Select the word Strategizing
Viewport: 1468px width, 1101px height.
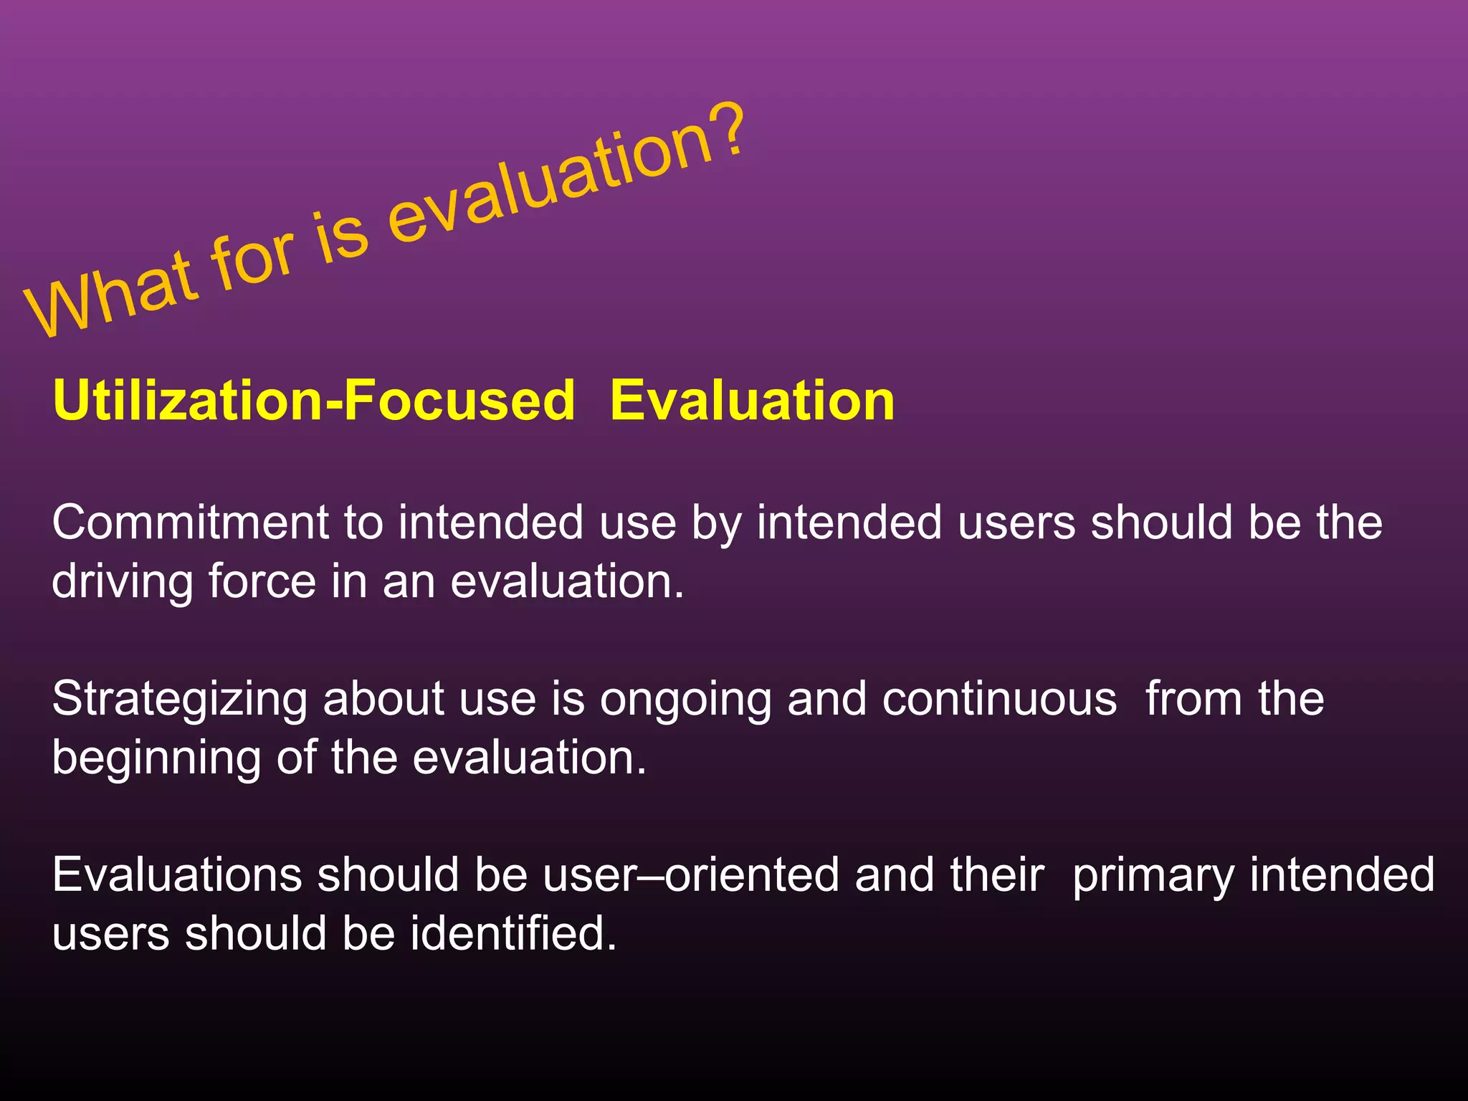[x=180, y=699]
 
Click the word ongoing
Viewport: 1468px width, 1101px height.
[x=685, y=699]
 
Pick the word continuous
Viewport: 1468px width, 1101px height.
[x=999, y=699]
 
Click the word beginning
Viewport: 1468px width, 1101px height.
[x=156, y=758]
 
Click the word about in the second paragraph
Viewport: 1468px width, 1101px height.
[x=383, y=699]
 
